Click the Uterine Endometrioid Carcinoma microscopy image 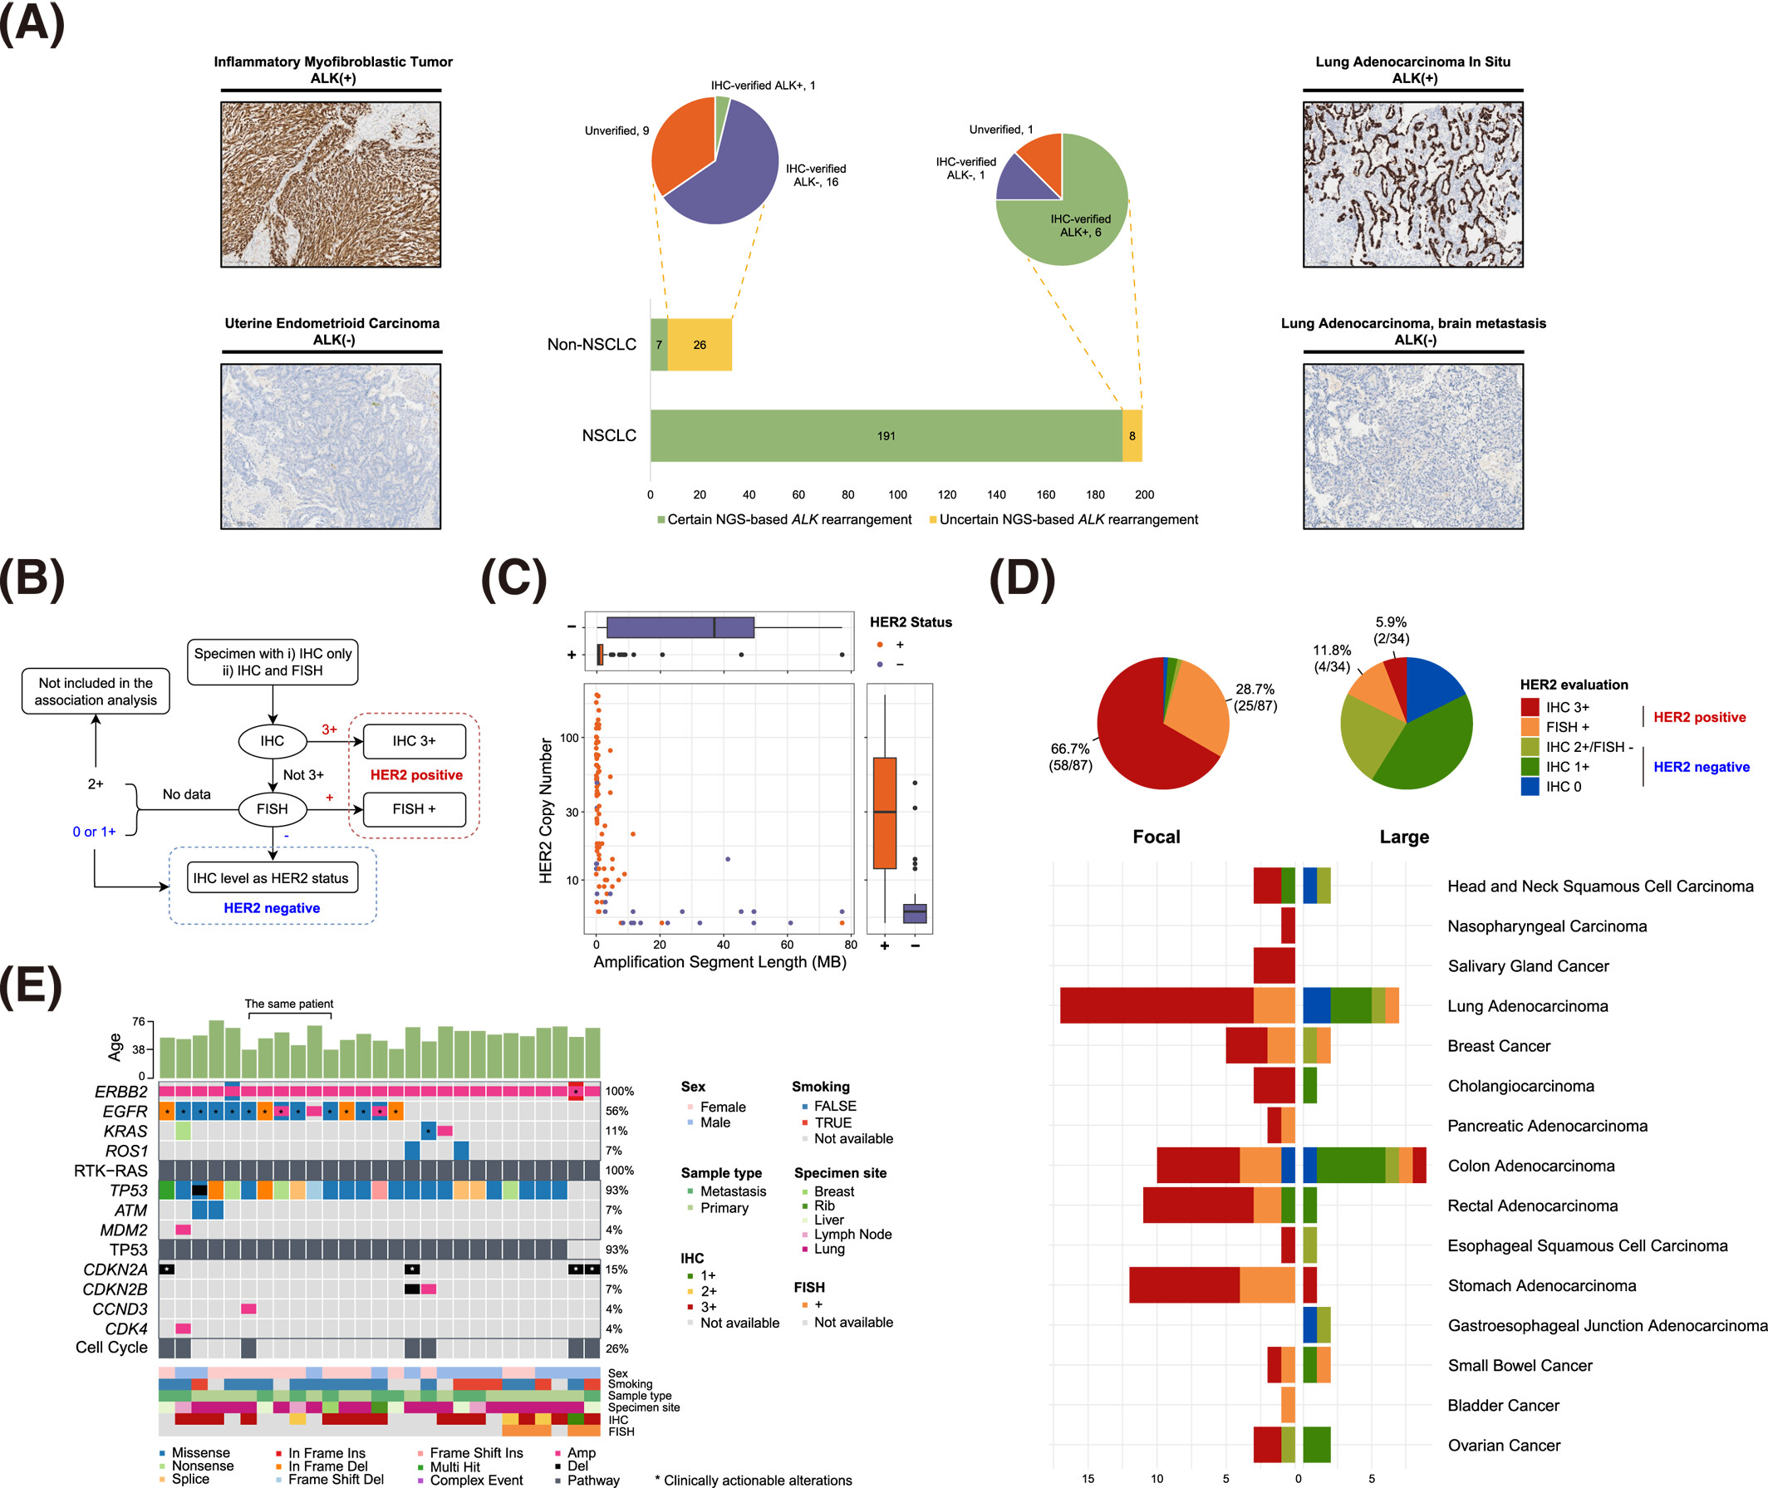pos(331,446)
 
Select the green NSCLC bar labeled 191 pos(886,435)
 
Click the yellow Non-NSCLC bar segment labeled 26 pos(700,344)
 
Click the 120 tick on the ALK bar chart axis pos(947,494)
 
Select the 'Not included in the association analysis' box pos(96,692)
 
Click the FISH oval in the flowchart pos(273,809)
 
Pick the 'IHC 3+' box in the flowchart pos(413,740)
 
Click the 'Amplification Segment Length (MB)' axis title pos(719,962)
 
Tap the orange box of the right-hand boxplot pos(884,813)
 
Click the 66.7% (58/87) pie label pos(1069,757)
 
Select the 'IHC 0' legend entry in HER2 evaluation pos(1563,787)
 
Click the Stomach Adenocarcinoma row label pos(1541,1285)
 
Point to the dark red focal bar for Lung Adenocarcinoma pos(1156,1005)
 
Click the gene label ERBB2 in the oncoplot pos(121,1093)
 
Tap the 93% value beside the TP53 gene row pos(616,1191)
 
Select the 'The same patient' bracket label pos(288,1004)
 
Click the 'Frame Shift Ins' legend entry pos(476,1452)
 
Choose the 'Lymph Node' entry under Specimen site pos(852,1234)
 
